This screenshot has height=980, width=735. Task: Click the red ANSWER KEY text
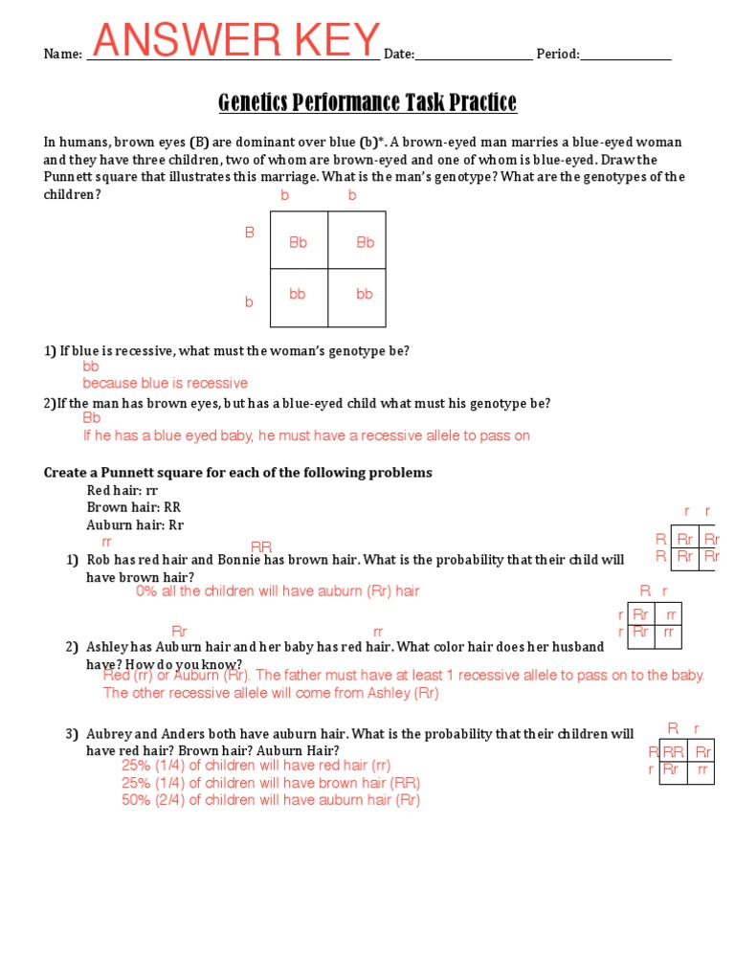pos(236,41)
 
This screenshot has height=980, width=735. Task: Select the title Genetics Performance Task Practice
pos(367,102)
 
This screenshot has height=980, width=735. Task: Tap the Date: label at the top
pos(399,55)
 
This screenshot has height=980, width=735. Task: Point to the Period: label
pos(557,55)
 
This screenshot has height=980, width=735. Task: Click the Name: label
pos(63,55)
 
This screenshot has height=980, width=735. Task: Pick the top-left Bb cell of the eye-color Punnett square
pos(299,243)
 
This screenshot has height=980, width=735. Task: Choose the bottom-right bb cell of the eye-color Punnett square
pos(365,295)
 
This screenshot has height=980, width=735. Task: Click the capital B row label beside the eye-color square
pos(250,233)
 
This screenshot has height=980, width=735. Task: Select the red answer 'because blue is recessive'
pos(165,383)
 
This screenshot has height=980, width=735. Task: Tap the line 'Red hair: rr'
pos(122,490)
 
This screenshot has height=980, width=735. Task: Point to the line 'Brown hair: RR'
pos(133,507)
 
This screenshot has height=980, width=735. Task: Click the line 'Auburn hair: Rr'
pos(135,525)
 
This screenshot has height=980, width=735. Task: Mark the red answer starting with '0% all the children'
pos(278,591)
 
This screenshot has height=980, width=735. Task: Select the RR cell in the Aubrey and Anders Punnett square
pos(674,752)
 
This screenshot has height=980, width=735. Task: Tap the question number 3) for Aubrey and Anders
pos(72,734)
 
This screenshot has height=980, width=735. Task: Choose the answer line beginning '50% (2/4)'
pos(271,800)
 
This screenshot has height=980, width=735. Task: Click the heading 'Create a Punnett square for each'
pos(238,473)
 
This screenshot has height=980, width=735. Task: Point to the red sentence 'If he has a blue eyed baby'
pos(306,435)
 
